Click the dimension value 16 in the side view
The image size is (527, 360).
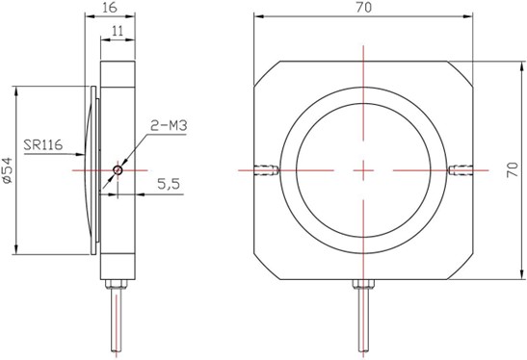click(x=110, y=8)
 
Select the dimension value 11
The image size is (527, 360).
click(x=118, y=31)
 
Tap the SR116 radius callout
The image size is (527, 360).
click(x=43, y=144)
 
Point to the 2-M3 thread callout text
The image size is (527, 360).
click(x=169, y=125)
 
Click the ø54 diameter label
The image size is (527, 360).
click(x=7, y=170)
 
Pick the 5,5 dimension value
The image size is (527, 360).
click(x=169, y=184)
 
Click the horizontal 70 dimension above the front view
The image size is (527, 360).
click(x=364, y=8)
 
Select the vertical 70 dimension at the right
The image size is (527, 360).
click(x=513, y=169)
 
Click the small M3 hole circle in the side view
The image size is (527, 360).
click(x=118, y=170)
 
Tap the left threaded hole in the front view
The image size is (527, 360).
click(x=266, y=170)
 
